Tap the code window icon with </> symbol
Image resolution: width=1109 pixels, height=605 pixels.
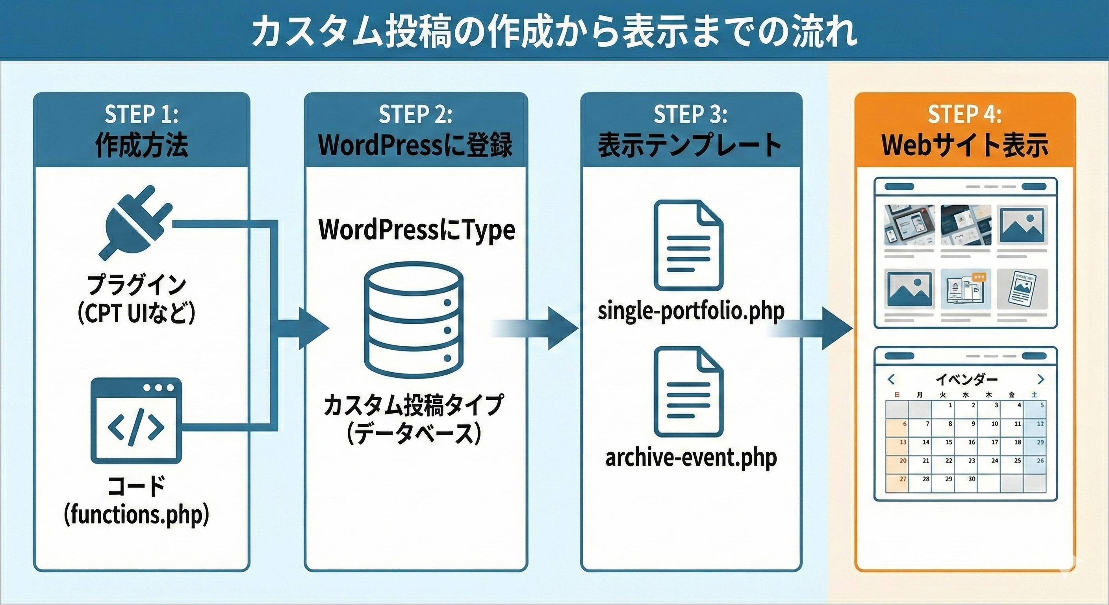pos(135,421)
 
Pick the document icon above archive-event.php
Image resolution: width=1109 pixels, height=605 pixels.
pos(688,392)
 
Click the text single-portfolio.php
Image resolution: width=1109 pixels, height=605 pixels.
pos(691,311)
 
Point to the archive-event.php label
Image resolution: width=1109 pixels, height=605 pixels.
pos(691,457)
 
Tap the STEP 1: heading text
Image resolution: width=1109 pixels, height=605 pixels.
pos(141,115)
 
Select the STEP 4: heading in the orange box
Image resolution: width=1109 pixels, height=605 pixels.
pos(964,115)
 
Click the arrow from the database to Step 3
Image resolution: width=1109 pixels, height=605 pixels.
pos(538,328)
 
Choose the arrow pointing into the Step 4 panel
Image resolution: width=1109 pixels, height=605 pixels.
pos(814,328)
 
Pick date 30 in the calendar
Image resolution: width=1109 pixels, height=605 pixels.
pos(971,479)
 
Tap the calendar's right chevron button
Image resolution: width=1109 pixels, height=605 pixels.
pos(1040,379)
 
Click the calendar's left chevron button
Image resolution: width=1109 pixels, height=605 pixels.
pos(891,379)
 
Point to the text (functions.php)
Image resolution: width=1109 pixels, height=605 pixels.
pos(137,514)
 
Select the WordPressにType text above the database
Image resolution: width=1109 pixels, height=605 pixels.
pos(416,230)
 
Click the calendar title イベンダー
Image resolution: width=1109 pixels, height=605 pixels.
pos(966,379)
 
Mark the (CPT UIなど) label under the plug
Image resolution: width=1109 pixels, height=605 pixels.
pos(137,314)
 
